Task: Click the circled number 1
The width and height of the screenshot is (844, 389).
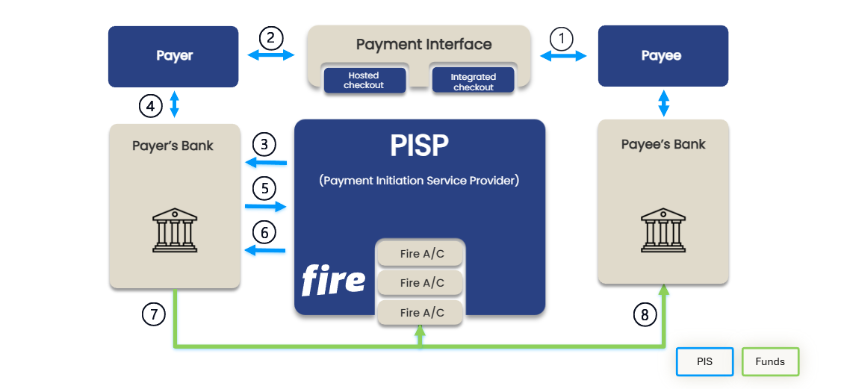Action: coord(561,38)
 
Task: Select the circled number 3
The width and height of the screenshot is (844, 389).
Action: coord(264,143)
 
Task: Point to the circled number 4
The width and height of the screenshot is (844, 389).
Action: coord(150,106)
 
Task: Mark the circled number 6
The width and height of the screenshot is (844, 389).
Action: coord(264,232)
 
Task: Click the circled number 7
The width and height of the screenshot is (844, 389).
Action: coord(153,314)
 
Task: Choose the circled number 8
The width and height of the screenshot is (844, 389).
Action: coord(645,314)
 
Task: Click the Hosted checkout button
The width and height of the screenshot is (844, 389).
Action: coord(364,81)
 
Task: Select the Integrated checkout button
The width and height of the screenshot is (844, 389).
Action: coord(473,81)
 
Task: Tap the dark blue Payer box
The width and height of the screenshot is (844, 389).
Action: coord(173,56)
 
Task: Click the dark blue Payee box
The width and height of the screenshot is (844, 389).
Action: coord(663,56)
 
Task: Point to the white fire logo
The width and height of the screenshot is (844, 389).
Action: coord(333,281)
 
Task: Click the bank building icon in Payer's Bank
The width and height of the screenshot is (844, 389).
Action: coord(175,231)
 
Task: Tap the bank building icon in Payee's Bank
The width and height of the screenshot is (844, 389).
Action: coord(663,231)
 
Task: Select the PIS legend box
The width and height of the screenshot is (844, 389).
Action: coord(704,361)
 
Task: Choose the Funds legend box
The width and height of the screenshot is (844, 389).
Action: coord(770,361)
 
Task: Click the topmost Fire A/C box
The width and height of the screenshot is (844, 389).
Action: coord(421,254)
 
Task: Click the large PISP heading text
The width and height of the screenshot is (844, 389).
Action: coord(419,147)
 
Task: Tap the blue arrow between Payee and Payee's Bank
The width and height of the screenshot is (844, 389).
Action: coord(663,103)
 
